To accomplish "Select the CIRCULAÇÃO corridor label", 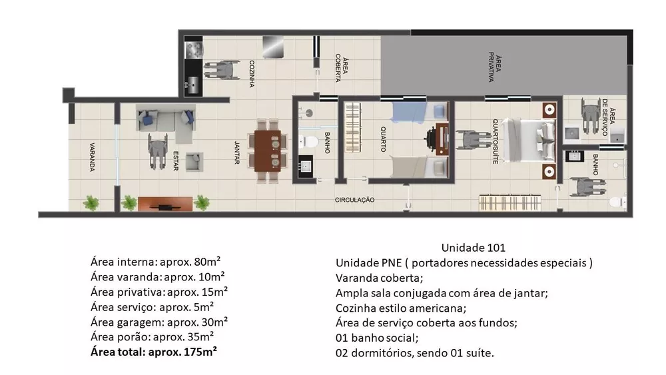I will [355, 200].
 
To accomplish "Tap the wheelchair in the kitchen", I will [222, 70].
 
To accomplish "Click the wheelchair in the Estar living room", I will [158, 152].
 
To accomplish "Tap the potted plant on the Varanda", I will [90, 202].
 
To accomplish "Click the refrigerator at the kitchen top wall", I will [272, 47].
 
